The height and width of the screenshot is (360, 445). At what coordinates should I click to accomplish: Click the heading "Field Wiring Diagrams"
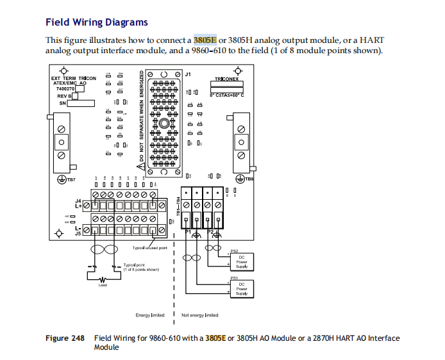pos(96,22)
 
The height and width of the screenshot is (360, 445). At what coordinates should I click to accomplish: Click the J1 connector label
pos(187,75)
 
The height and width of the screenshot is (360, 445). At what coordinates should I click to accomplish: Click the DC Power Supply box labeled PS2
pos(242,261)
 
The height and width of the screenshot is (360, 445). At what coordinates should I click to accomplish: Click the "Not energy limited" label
pos(200,315)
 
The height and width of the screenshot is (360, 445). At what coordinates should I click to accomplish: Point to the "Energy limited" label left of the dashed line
pos(150,315)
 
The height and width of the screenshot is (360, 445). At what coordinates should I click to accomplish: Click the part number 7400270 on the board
pos(65,88)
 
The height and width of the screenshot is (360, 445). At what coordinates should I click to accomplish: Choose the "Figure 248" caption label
pos(65,338)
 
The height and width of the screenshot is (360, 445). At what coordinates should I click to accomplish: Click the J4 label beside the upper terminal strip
pos(79,201)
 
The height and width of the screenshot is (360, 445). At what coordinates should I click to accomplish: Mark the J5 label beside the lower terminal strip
pos(79,234)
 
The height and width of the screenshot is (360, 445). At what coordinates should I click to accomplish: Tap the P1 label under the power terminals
pos(189,231)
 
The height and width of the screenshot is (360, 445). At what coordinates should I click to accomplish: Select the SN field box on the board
pos(81,102)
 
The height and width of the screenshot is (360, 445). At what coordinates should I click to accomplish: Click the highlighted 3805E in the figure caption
pos(215,338)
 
